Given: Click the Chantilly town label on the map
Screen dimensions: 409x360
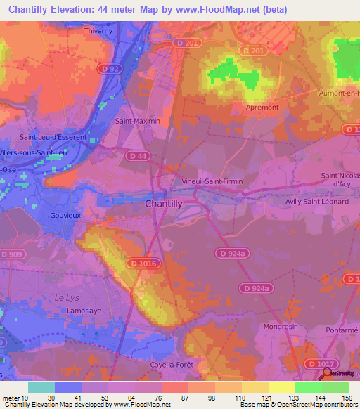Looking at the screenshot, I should point(164,202).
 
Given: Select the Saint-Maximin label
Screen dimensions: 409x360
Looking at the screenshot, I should point(138,121).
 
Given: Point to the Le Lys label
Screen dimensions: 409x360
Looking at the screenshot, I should point(65,298).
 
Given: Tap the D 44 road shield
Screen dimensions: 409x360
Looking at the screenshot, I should point(138,155).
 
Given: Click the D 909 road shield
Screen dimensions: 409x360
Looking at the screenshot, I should point(12,254).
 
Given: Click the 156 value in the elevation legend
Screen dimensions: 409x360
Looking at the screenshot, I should point(347,397).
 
